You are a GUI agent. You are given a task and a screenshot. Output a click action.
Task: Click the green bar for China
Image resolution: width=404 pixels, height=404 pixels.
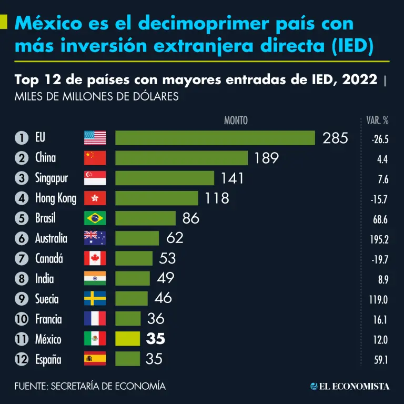pyautogui.click(x=181, y=158)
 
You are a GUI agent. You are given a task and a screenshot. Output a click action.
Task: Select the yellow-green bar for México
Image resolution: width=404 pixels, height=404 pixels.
pyautogui.click(x=127, y=339)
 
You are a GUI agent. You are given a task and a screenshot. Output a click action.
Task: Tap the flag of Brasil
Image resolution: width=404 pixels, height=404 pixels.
pyautogui.click(x=95, y=218)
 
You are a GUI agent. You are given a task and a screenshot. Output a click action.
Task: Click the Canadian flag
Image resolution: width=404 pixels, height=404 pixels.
pyautogui.click(x=95, y=258)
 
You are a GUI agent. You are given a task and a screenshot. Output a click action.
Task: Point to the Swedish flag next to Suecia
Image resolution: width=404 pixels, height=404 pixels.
pyautogui.click(x=95, y=298)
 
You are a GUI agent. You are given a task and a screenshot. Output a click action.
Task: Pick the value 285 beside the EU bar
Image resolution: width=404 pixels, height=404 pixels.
pyautogui.click(x=335, y=138)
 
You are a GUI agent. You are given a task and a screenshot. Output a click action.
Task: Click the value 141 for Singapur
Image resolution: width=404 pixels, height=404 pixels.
pyautogui.click(x=232, y=178)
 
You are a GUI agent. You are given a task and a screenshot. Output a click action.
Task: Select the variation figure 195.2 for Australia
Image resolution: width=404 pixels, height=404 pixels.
pyautogui.click(x=379, y=239)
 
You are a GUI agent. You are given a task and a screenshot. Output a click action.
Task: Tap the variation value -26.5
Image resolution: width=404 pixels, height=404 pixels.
pyautogui.click(x=379, y=139)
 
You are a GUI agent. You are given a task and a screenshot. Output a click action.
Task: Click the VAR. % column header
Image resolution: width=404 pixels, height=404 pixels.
pyautogui.click(x=377, y=120)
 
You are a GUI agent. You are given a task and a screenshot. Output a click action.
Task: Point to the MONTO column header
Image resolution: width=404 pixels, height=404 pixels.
pyautogui.click(x=236, y=120)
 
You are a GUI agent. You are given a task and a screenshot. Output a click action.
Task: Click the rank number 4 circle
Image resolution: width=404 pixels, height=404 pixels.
pyautogui.click(x=21, y=198)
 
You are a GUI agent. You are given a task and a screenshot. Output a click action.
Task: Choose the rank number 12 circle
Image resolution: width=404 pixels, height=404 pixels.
pyautogui.click(x=21, y=360)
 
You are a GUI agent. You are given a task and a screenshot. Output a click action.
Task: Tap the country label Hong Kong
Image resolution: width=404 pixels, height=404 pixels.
pyautogui.click(x=56, y=198)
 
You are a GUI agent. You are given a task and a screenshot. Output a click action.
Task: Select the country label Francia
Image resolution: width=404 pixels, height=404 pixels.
pyautogui.click(x=48, y=319)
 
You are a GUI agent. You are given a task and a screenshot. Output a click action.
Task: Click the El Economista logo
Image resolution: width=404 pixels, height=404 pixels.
pyautogui.click(x=350, y=386)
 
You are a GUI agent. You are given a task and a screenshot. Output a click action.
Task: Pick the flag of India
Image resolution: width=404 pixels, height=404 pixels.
pyautogui.click(x=95, y=278)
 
